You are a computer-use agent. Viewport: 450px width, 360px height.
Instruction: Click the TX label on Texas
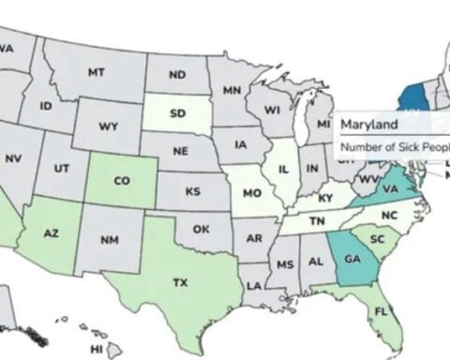(x=181, y=280)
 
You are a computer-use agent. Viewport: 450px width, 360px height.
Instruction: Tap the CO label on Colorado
(x=123, y=181)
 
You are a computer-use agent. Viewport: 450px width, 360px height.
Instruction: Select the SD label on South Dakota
(x=177, y=116)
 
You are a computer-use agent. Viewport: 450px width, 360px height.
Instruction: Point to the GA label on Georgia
(x=352, y=260)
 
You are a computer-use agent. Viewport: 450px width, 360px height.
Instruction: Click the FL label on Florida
(x=382, y=309)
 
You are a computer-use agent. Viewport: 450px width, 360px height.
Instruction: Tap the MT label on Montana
(x=96, y=71)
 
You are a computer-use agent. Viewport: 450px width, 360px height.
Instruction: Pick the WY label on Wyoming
(x=109, y=126)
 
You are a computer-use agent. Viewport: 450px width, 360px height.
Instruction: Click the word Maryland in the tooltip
(x=367, y=124)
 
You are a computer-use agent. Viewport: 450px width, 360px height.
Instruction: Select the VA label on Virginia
(x=392, y=187)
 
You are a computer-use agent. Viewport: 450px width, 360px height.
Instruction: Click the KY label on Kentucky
(x=325, y=199)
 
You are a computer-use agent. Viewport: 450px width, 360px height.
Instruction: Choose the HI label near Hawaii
(x=96, y=348)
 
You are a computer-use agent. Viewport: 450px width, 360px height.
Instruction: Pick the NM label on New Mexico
(x=111, y=240)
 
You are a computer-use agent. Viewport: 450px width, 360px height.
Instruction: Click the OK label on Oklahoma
(x=201, y=228)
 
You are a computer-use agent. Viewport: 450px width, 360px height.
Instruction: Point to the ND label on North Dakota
(x=177, y=75)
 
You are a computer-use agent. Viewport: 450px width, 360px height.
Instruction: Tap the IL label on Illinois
(x=281, y=172)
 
